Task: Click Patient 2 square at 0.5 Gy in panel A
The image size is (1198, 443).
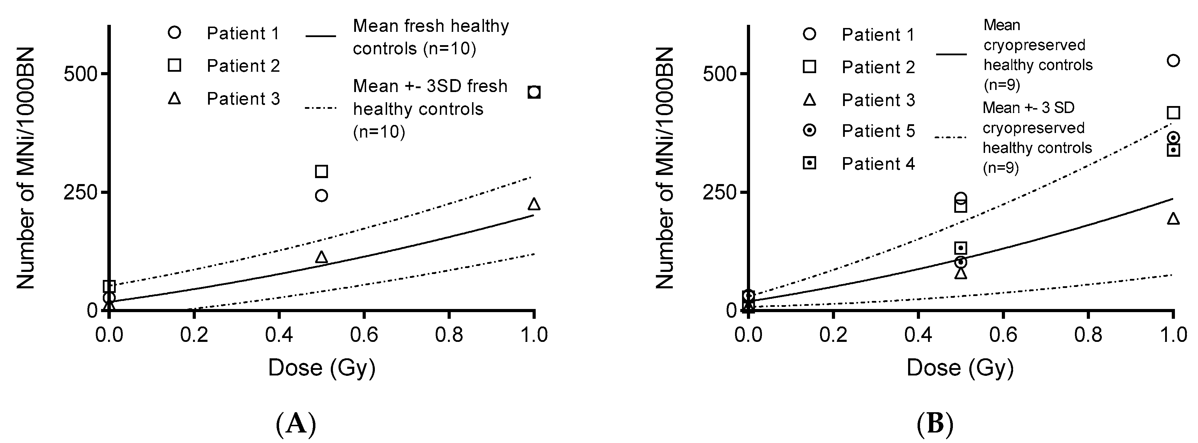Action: click(321, 171)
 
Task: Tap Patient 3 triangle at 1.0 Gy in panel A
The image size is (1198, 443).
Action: click(534, 204)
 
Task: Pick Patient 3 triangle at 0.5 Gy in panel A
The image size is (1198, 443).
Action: click(321, 257)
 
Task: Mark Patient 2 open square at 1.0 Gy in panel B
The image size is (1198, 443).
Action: click(1174, 113)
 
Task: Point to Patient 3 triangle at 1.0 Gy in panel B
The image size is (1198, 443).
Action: click(1174, 219)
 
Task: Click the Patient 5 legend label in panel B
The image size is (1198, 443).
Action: click(878, 131)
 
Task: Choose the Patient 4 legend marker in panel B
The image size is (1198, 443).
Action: click(810, 163)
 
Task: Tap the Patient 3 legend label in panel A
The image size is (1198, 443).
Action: click(243, 99)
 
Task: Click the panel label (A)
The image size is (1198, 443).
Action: click(296, 424)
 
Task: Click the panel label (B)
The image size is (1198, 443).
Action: click(935, 424)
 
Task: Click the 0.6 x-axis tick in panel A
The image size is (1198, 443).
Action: click(364, 335)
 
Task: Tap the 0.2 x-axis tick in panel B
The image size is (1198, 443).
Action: click(833, 335)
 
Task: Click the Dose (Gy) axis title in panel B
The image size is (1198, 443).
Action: click(960, 368)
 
